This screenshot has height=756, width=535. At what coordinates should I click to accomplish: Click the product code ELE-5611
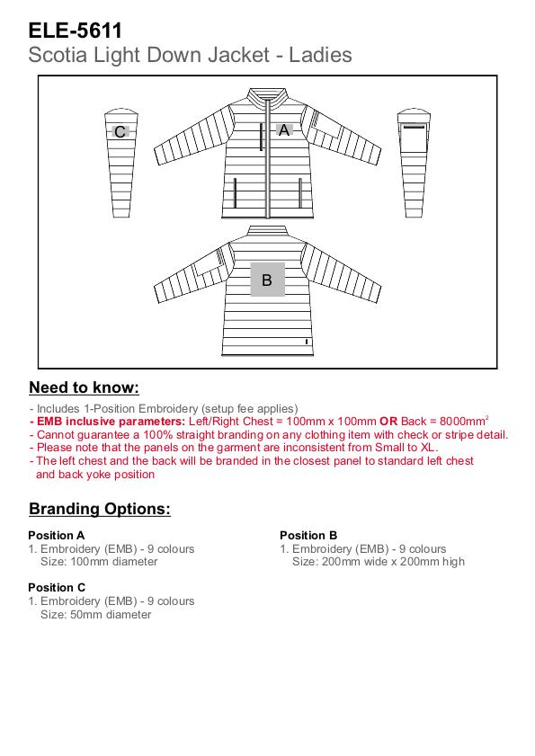(76, 31)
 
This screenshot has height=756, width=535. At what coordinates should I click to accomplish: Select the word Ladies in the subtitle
(320, 55)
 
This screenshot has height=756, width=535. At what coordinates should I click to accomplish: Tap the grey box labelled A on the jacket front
(284, 130)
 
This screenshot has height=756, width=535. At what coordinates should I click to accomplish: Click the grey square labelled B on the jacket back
(267, 280)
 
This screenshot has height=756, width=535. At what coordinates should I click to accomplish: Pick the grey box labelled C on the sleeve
(120, 131)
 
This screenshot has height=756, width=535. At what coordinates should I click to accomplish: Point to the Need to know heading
(84, 387)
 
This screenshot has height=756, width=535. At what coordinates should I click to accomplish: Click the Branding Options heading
(100, 509)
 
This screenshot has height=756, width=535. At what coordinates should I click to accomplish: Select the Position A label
(57, 535)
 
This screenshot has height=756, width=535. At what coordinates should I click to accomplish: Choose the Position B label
(308, 535)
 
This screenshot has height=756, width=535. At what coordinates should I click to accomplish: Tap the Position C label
(57, 587)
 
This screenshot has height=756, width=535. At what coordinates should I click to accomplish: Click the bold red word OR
(388, 422)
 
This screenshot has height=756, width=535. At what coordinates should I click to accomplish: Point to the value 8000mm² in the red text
(464, 421)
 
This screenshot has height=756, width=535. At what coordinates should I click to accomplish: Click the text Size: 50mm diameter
(96, 614)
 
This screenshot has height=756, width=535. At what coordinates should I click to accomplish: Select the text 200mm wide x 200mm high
(393, 562)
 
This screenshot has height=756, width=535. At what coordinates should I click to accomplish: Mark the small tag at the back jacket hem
(307, 342)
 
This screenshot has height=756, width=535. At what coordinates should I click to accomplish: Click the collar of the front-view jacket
(267, 95)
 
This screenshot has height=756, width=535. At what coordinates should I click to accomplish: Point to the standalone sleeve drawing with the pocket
(414, 163)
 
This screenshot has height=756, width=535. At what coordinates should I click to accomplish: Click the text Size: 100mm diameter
(99, 562)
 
